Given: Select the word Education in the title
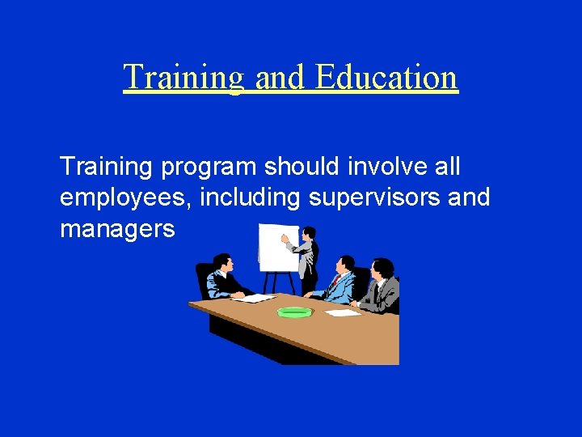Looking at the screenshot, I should click(x=386, y=78).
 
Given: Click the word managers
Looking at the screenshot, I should click(x=117, y=229).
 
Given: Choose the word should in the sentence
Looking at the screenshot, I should click(x=306, y=168).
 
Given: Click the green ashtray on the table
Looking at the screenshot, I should click(x=294, y=312).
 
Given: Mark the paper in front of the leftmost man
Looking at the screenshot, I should click(x=255, y=298).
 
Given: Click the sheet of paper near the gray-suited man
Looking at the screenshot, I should click(x=341, y=312).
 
